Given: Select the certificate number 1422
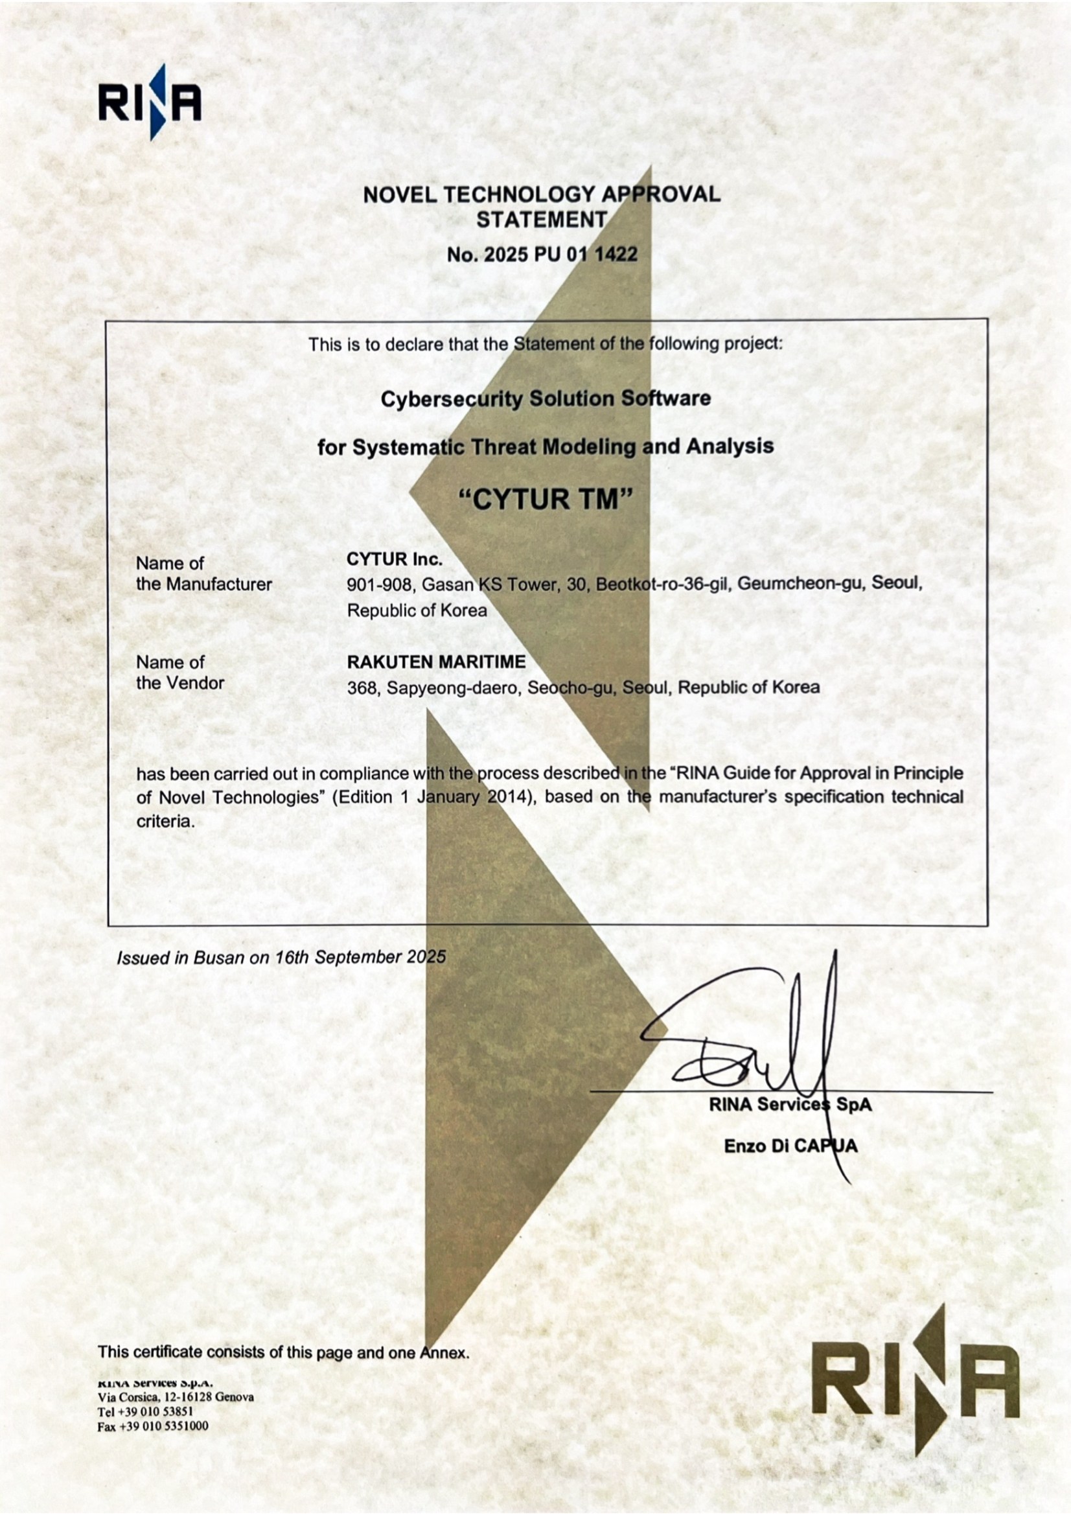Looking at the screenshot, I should click(x=616, y=255).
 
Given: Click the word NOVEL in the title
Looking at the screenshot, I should click(x=399, y=194).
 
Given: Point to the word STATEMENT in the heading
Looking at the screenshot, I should click(x=541, y=219).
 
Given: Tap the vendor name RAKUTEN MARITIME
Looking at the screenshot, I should click(x=436, y=661).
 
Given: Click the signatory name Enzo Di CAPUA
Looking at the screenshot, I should click(x=790, y=1146).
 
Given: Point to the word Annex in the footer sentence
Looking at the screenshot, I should click(x=444, y=1352).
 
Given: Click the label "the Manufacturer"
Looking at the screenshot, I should click(x=204, y=584).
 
